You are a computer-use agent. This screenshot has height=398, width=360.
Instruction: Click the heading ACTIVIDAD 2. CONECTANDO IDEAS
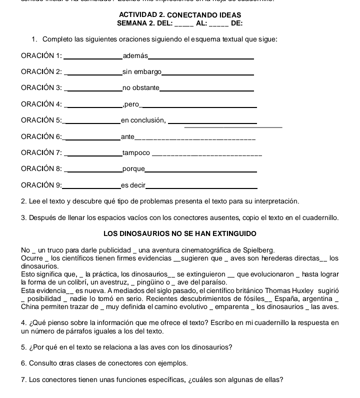click(x=180, y=15)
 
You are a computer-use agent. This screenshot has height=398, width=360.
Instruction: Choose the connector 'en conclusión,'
click(x=143, y=120)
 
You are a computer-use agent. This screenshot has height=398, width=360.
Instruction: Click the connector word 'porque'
click(x=133, y=168)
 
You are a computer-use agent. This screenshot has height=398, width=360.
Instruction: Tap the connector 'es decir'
click(x=132, y=185)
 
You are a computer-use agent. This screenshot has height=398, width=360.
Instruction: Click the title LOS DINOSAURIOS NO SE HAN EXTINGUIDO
click(x=180, y=233)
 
